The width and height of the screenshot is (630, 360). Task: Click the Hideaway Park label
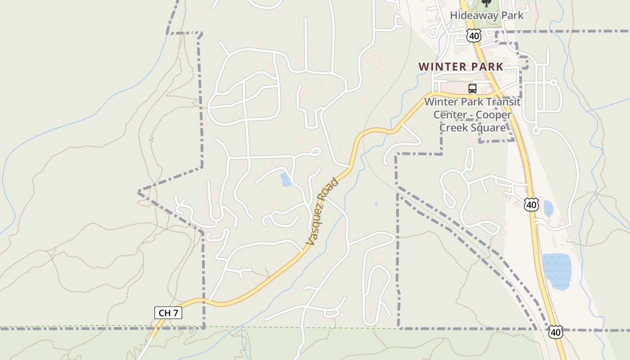487,16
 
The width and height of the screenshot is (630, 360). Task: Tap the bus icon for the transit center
472,89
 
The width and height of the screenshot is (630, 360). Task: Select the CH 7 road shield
168,313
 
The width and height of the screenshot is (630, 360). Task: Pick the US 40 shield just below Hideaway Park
473,36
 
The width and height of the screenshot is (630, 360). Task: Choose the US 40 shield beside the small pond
531,205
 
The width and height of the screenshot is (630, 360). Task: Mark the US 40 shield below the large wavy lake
555,333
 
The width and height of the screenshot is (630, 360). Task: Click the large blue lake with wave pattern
557,271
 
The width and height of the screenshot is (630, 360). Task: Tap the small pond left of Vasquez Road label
285,180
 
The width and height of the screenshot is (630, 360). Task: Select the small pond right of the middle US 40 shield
548,209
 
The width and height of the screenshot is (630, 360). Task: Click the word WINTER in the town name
442,67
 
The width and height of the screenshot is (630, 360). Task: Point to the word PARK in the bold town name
487,67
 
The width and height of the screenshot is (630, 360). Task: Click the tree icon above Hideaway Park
486,3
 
